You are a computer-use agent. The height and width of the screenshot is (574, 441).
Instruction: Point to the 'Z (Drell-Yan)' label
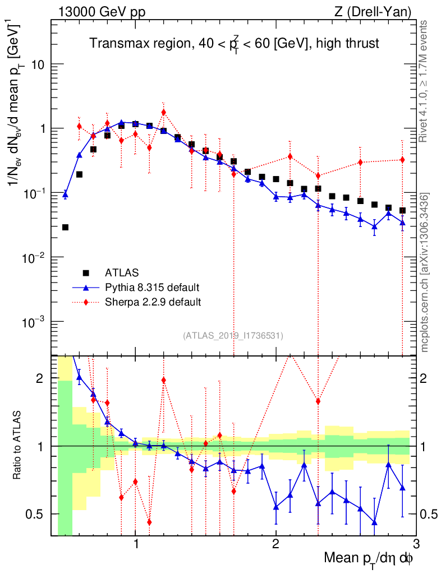(379, 12)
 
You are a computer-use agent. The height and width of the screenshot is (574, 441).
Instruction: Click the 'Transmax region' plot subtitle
(235, 44)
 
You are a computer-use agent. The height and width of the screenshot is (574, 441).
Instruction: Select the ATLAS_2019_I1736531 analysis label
(233, 336)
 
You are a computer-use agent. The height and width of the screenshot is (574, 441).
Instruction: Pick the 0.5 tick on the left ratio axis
(35, 514)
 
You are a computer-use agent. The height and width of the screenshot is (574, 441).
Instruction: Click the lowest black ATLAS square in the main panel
(65, 227)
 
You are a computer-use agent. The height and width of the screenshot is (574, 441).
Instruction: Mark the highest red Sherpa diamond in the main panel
(163, 112)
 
